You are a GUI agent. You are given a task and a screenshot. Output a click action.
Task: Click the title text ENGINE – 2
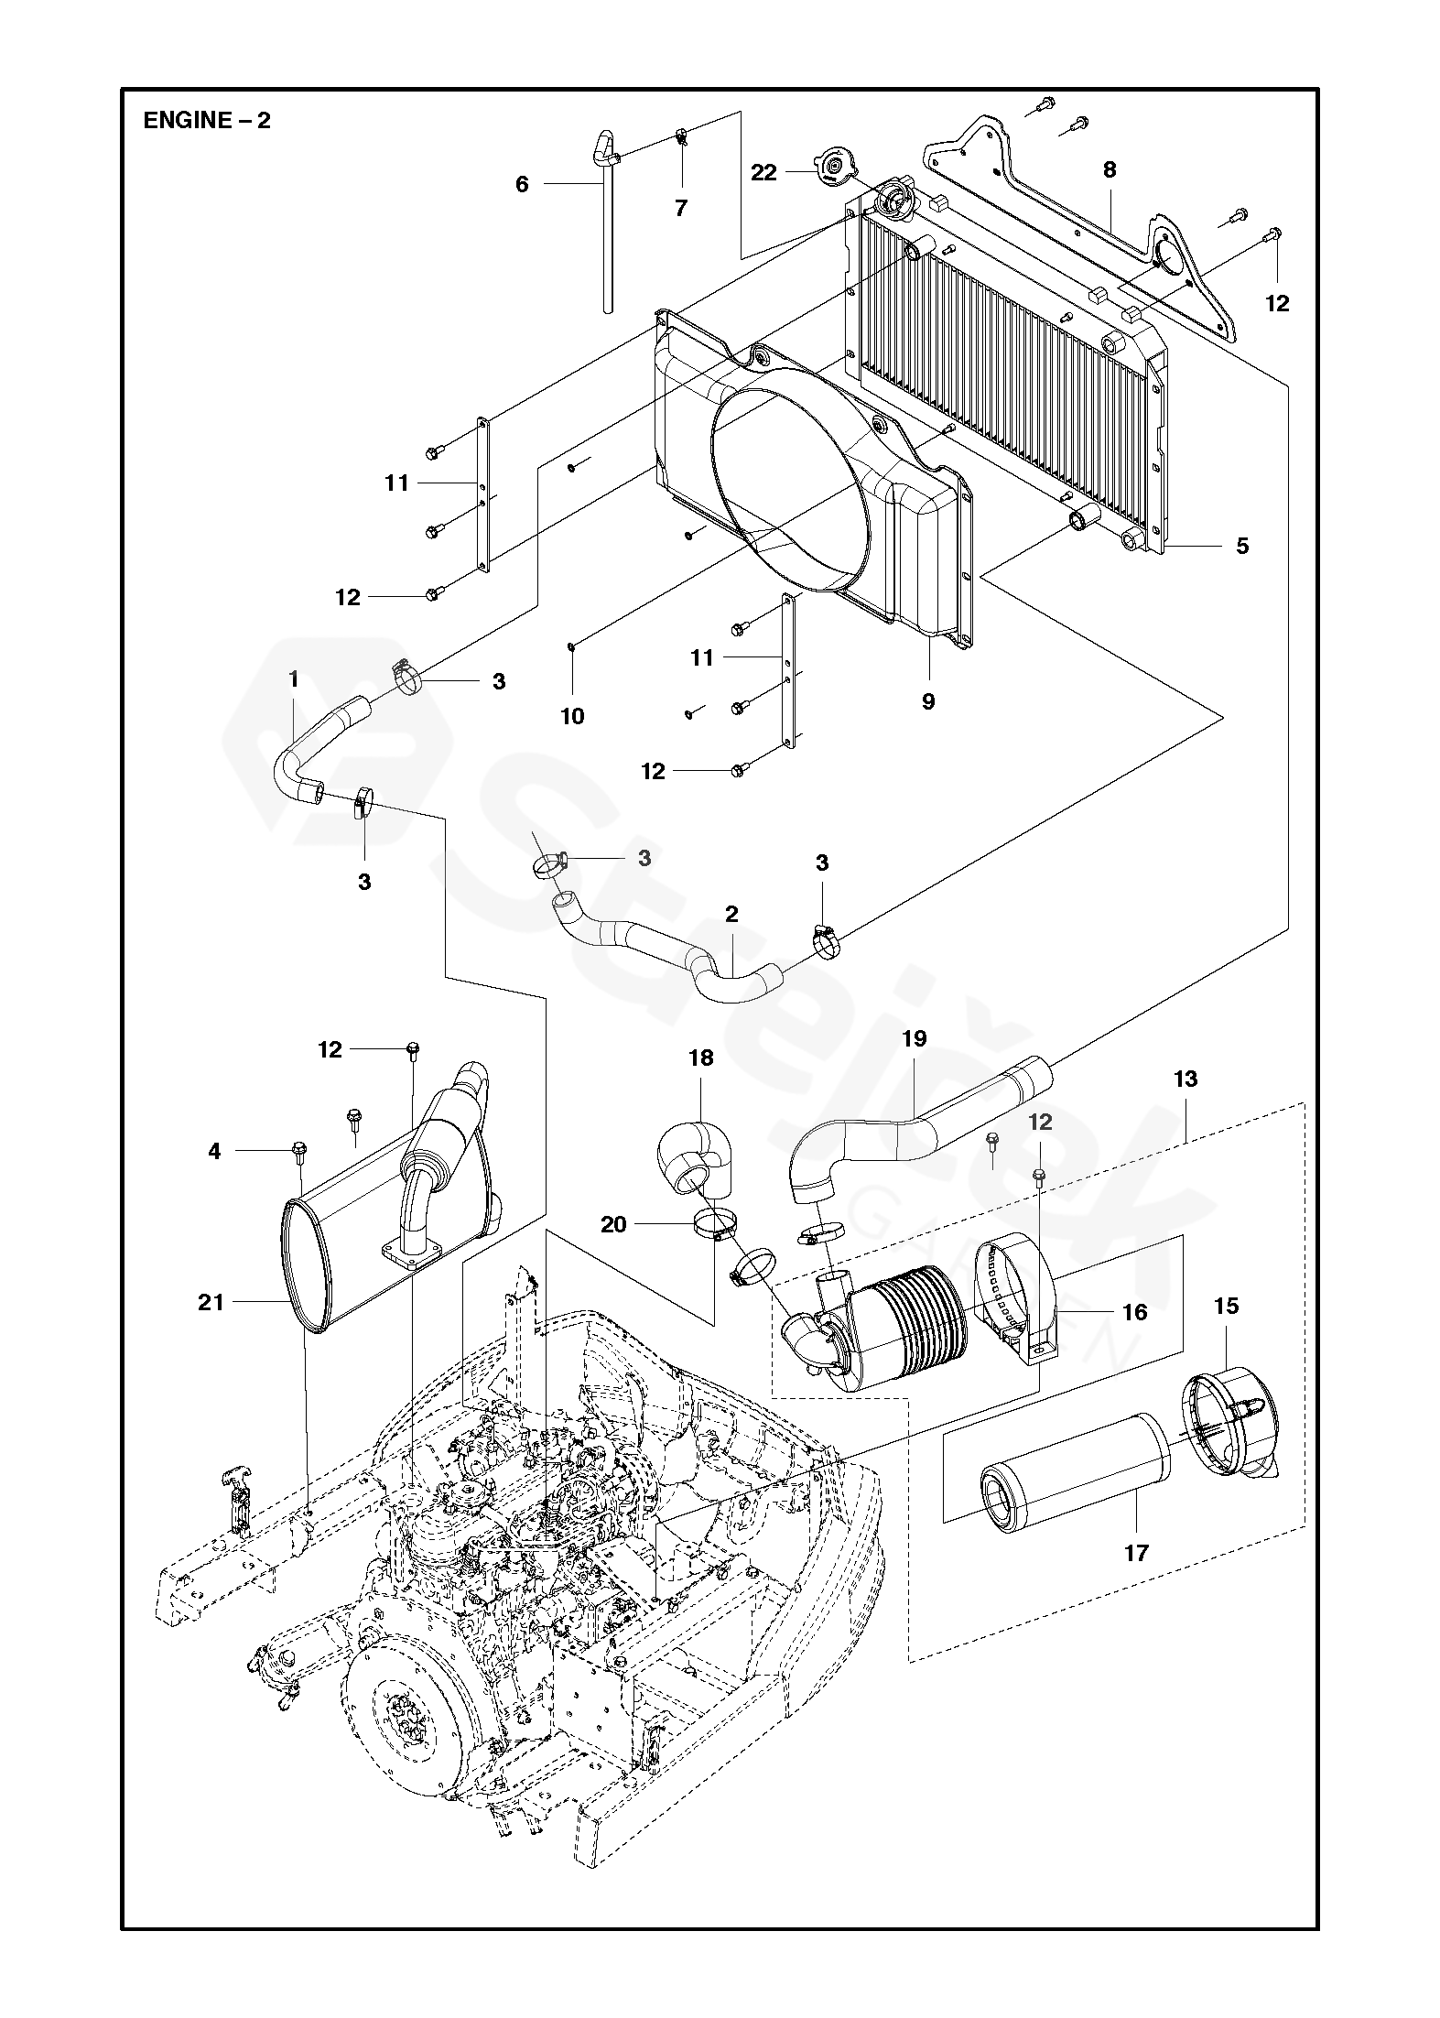(207, 121)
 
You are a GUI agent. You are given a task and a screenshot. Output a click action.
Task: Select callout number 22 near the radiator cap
(763, 172)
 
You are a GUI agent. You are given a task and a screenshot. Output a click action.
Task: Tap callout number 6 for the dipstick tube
(522, 185)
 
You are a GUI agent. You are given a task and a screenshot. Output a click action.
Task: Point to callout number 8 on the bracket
(1110, 169)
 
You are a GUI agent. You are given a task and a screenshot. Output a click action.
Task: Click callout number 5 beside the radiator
(1241, 547)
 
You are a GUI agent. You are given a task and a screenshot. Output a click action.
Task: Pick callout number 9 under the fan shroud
(928, 701)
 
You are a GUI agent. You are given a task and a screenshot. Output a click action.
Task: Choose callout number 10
(572, 716)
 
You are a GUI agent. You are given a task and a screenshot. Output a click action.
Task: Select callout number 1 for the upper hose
(294, 679)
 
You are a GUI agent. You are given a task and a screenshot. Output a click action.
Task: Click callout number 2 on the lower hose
(731, 914)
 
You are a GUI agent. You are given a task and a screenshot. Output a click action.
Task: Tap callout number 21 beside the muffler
(211, 1301)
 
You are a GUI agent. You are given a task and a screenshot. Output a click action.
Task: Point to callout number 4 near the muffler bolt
(214, 1151)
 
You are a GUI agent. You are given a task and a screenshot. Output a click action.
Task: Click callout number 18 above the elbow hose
(701, 1058)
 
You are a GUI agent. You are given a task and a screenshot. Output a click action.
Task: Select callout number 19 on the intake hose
(914, 1038)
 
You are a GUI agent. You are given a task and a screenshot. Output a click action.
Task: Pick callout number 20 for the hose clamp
(613, 1223)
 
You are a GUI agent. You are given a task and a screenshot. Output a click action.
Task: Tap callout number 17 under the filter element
(1136, 1553)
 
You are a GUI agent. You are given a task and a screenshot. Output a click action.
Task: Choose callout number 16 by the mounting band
(1134, 1312)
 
